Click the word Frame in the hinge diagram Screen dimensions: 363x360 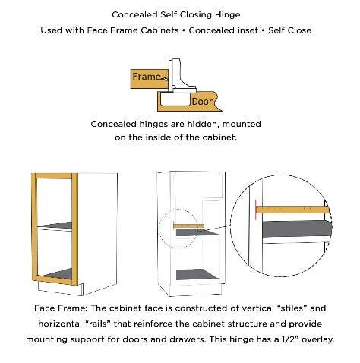click(147, 77)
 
